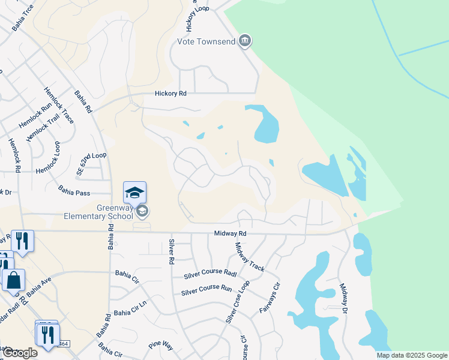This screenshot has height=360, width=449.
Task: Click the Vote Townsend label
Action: point(205,41)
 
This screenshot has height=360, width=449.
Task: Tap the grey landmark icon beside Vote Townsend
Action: point(244,41)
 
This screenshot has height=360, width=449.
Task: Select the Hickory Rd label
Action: point(170,94)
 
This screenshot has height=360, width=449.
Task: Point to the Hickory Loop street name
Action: point(191,16)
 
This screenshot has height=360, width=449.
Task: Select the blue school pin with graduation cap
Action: point(134,193)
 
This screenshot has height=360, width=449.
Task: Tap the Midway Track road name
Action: point(250,256)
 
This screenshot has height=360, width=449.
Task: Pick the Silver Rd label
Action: point(170,252)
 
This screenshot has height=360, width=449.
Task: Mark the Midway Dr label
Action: point(343,298)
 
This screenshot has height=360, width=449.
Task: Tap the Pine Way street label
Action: point(160,346)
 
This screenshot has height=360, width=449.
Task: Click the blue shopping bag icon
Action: point(13,280)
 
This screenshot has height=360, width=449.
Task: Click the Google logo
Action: point(20,353)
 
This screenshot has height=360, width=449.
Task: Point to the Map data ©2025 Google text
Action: point(412,355)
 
